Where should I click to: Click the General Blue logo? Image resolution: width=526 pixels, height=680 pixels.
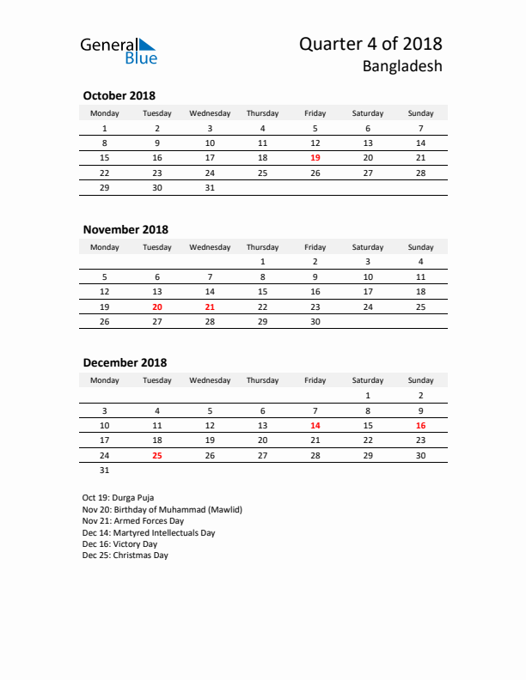click(x=119, y=50)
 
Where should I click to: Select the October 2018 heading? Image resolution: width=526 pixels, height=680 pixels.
click(x=119, y=95)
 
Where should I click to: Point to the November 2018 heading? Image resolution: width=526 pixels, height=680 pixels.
click(x=125, y=229)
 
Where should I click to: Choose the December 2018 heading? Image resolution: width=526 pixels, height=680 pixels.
click(x=125, y=363)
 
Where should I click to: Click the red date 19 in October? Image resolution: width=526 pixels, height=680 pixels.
click(x=315, y=158)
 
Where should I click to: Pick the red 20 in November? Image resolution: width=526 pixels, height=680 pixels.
click(x=156, y=307)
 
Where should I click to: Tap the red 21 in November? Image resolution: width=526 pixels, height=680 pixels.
click(x=210, y=307)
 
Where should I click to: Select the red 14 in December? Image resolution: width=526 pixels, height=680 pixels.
click(x=315, y=425)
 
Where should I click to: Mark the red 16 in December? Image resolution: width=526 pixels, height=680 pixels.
click(x=420, y=425)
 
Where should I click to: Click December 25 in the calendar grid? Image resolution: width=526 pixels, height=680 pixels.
click(x=156, y=455)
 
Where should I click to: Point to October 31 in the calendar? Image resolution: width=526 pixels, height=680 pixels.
click(x=210, y=187)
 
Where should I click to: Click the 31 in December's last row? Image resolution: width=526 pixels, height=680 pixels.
click(x=105, y=470)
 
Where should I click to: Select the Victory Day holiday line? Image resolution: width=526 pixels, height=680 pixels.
click(x=119, y=543)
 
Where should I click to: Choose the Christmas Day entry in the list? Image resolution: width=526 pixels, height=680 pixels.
click(x=125, y=556)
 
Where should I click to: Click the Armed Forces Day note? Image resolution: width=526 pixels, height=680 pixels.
click(x=133, y=520)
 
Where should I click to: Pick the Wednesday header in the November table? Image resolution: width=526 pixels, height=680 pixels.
click(x=210, y=247)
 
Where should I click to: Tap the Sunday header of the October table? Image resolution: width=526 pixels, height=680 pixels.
click(x=420, y=113)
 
